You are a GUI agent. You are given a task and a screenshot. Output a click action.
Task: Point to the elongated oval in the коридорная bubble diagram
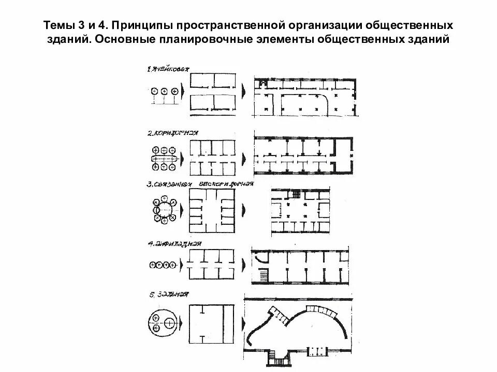(x=164, y=158)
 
